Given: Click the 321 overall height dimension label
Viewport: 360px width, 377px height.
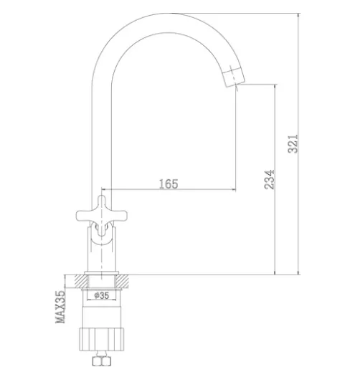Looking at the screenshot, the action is (x=293, y=144).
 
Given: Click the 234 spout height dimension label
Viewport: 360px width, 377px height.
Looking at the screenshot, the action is (x=269, y=180).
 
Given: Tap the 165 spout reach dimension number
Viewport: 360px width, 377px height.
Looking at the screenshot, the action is (x=169, y=184).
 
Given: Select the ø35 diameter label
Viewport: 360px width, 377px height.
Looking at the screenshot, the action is (x=102, y=295).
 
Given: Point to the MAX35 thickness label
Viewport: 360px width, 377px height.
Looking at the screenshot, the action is (x=60, y=307).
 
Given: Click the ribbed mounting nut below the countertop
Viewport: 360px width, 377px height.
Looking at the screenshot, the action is (x=102, y=339).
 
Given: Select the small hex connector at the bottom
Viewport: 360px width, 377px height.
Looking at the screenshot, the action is (x=102, y=361).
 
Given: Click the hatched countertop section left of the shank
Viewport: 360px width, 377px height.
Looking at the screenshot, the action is (x=82, y=281).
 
